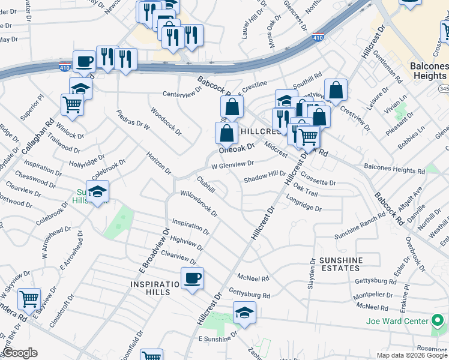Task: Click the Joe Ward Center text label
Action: click(397, 320)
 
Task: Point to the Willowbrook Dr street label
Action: click(199, 203)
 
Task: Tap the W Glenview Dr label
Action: click(232, 164)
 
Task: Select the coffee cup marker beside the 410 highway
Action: click(84, 61)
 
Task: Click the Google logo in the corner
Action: click(20, 353)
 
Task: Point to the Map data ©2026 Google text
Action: click(412, 355)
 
